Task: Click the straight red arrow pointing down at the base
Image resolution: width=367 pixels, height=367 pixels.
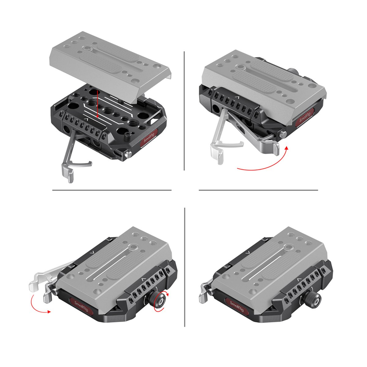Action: pyautogui.click(x=97, y=104)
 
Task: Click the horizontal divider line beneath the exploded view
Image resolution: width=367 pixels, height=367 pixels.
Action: pyautogui.click(x=112, y=190)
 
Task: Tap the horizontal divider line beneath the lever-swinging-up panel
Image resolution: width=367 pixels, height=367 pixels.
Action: pyautogui.click(x=258, y=190)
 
